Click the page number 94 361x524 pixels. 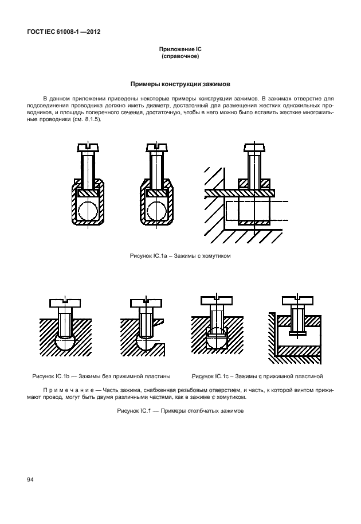tap(28, 479)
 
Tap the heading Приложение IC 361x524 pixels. tap(180, 51)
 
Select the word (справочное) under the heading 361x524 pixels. tap(180, 57)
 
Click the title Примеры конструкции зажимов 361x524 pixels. tap(180, 84)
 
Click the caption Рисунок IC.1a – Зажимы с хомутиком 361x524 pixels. tap(180, 254)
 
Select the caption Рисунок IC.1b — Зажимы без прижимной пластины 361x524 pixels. tap(102, 376)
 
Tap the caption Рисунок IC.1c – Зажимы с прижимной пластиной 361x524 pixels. tap(257, 376)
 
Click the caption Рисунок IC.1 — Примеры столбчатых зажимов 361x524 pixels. tap(180, 411)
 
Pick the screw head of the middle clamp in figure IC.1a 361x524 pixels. tap(156, 148)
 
